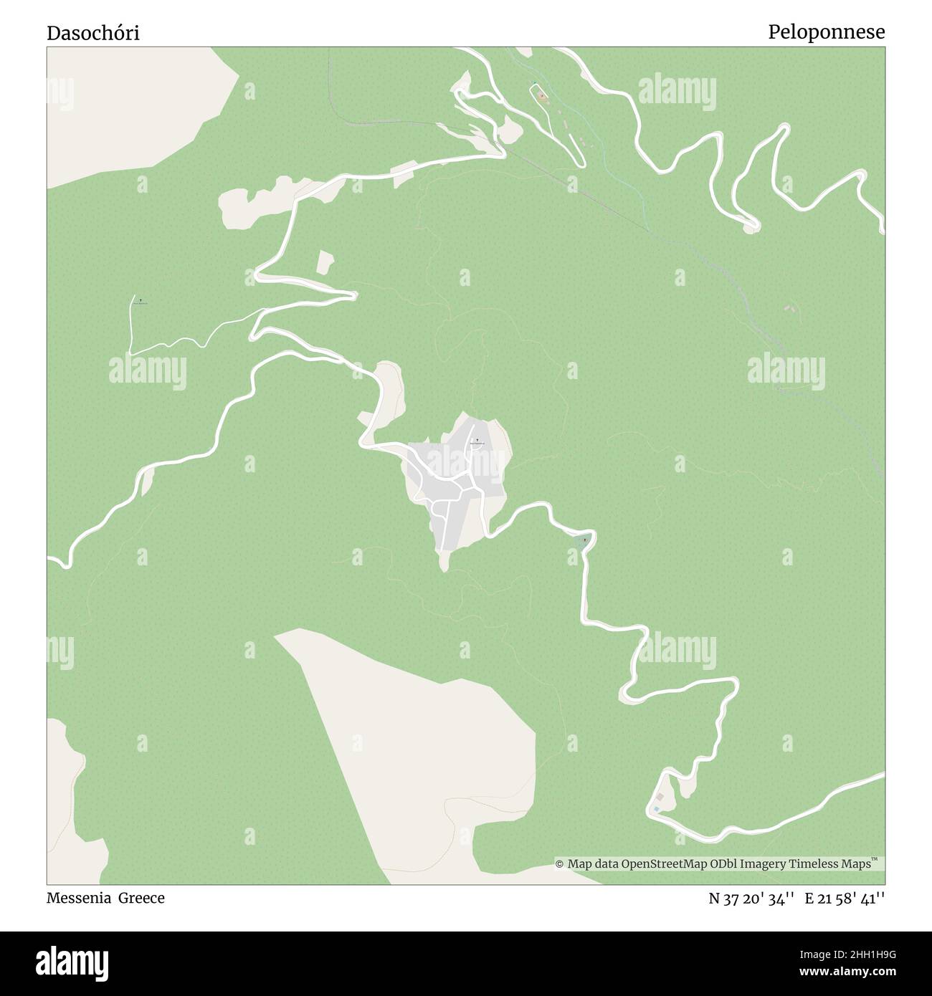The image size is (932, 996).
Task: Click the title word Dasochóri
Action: (x=93, y=33)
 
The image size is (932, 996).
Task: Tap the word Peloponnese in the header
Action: (x=826, y=32)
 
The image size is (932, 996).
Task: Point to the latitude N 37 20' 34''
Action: (x=751, y=898)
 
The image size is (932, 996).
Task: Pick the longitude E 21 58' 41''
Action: (x=845, y=898)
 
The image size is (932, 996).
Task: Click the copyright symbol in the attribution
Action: (x=560, y=864)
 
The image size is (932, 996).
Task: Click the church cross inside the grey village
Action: (x=477, y=440)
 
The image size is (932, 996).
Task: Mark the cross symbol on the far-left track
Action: (x=141, y=300)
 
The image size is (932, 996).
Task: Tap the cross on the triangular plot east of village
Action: (x=584, y=539)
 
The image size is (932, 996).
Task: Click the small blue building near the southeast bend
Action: (x=655, y=809)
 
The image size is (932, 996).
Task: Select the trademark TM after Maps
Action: (x=875, y=860)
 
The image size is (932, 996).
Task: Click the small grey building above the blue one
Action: (x=660, y=797)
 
